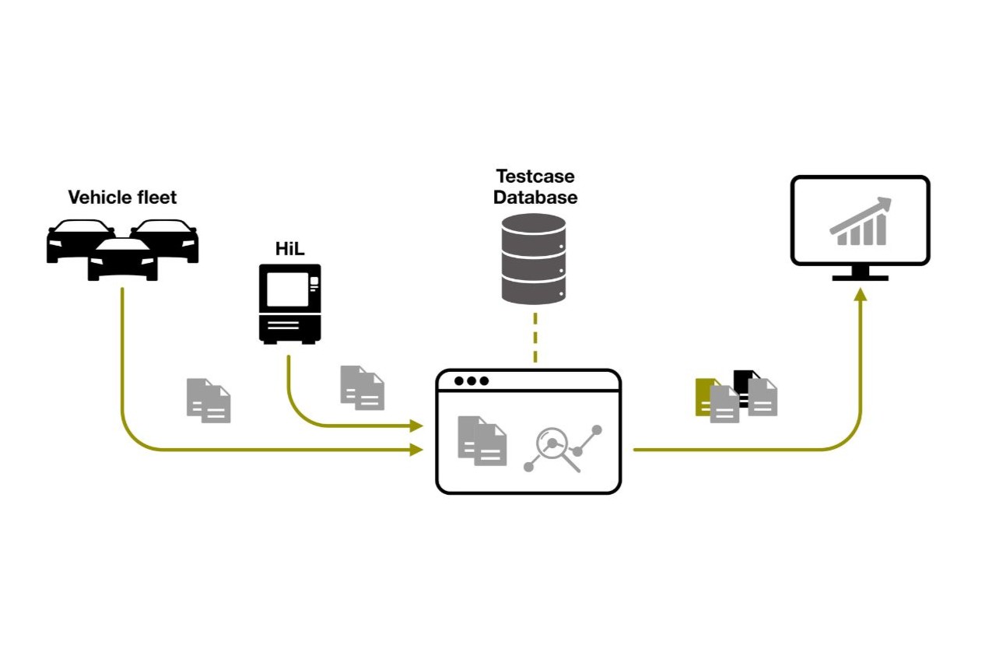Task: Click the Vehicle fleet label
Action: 122,198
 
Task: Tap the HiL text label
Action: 289,249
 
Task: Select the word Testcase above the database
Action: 535,177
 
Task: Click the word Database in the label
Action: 535,198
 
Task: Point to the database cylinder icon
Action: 534,258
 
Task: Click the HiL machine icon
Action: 289,303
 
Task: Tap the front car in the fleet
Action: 122,259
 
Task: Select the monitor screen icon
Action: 860,221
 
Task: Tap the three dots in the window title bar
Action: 471,381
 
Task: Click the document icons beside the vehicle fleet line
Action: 209,401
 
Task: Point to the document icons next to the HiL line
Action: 363,387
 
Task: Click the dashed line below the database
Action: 535,337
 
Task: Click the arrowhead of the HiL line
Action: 417,426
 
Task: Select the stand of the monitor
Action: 860,273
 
